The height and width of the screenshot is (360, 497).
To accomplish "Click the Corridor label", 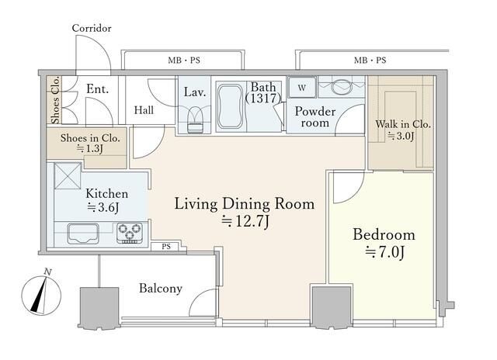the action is point(92,28).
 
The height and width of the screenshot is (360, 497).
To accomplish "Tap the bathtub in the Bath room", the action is point(231,106).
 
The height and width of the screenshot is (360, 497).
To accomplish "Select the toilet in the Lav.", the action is point(195,120).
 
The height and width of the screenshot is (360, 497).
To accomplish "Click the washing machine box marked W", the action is point(302,87).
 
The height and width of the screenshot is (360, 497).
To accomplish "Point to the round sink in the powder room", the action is point(342,86).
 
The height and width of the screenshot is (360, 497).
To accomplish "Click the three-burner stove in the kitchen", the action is point(130,233).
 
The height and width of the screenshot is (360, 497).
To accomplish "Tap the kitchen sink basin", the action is point(83,234).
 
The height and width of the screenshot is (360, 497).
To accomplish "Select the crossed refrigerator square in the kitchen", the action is point(68,175).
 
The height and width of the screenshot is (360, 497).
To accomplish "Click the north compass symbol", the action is point(41,295).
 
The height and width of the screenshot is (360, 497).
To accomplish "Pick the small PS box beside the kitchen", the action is point(166,246).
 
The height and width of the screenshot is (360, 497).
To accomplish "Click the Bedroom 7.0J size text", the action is point(385,252).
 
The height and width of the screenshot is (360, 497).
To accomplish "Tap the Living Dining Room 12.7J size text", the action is point(245,221).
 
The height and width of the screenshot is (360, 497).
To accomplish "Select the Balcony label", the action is point(161,288).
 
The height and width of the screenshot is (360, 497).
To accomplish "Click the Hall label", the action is point(144,110).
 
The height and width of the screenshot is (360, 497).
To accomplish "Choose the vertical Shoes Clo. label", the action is point(55,100).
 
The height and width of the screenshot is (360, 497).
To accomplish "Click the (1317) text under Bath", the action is point(263,99).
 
